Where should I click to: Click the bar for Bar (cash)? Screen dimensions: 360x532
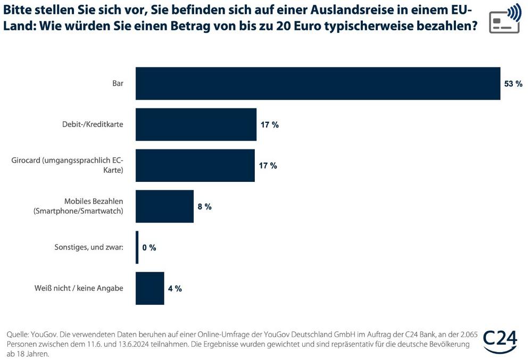click(318, 83)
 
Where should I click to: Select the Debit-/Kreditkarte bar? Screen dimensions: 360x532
click(196, 124)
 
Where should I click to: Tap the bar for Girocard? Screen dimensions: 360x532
click(195, 165)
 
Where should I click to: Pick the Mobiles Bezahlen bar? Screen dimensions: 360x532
click(164, 206)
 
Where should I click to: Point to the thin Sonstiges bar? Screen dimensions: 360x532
click(137, 247)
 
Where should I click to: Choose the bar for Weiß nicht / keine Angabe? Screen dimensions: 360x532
click(149, 288)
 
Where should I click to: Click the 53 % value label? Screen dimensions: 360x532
click(513, 83)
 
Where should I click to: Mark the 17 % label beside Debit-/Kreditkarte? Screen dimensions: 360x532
click(270, 124)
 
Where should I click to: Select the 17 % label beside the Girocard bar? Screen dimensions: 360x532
click(268, 165)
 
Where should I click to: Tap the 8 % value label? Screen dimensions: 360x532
click(205, 206)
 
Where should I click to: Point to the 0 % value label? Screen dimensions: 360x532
click(149, 247)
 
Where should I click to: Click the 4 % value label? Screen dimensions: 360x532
click(175, 288)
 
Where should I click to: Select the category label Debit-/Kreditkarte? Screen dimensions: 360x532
click(93, 124)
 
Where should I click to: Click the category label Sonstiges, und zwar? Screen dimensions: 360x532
click(89, 247)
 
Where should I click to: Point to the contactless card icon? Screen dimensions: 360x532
click(505, 19)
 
